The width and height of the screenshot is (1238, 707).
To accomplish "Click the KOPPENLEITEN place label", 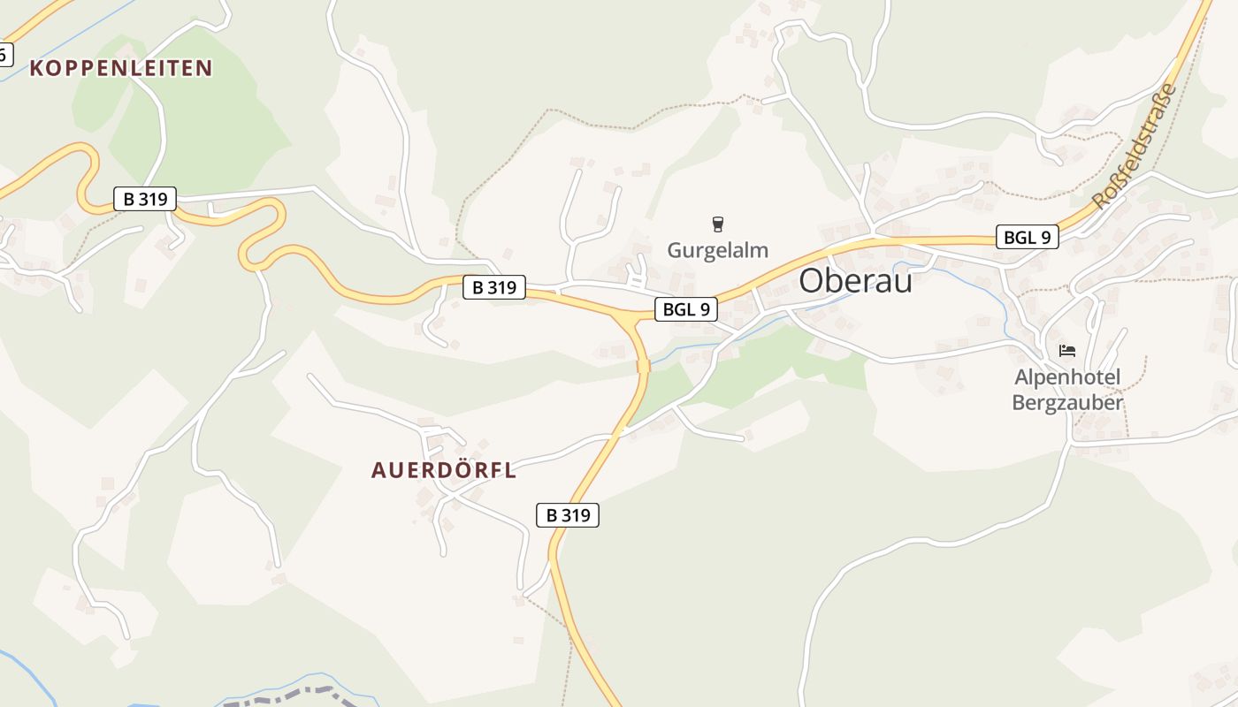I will [x=121, y=68].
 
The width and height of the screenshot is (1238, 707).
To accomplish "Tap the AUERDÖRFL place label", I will [x=444, y=470].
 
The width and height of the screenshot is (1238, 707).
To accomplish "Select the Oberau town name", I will [x=855, y=281].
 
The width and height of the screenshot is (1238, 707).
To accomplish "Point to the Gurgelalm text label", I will [x=717, y=250].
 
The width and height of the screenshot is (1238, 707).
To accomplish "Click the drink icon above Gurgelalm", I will [x=717, y=224].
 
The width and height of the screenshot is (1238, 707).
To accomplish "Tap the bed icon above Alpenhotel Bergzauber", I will [x=1067, y=351].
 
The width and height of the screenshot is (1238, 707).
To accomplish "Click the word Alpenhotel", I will [x=1067, y=378].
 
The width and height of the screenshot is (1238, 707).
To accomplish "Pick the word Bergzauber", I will [x=1067, y=403].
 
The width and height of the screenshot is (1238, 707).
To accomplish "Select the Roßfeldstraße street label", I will [x=1135, y=146].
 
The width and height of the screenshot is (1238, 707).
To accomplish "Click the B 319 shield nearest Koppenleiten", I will [x=145, y=199].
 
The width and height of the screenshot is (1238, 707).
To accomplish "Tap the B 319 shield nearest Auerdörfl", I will [x=568, y=515].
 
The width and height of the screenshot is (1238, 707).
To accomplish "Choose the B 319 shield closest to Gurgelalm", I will [x=494, y=287].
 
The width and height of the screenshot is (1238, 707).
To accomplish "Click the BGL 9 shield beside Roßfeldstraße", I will [x=1027, y=237].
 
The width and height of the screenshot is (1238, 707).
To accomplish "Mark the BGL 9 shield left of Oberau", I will [x=685, y=309].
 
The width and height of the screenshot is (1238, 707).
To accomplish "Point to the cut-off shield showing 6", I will [x=4, y=55].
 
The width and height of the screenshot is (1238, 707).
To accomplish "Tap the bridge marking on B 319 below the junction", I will [x=643, y=365].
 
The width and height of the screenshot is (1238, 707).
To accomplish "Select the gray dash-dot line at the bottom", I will [x=292, y=695].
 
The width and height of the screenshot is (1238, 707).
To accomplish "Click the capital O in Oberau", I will [x=812, y=281].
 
